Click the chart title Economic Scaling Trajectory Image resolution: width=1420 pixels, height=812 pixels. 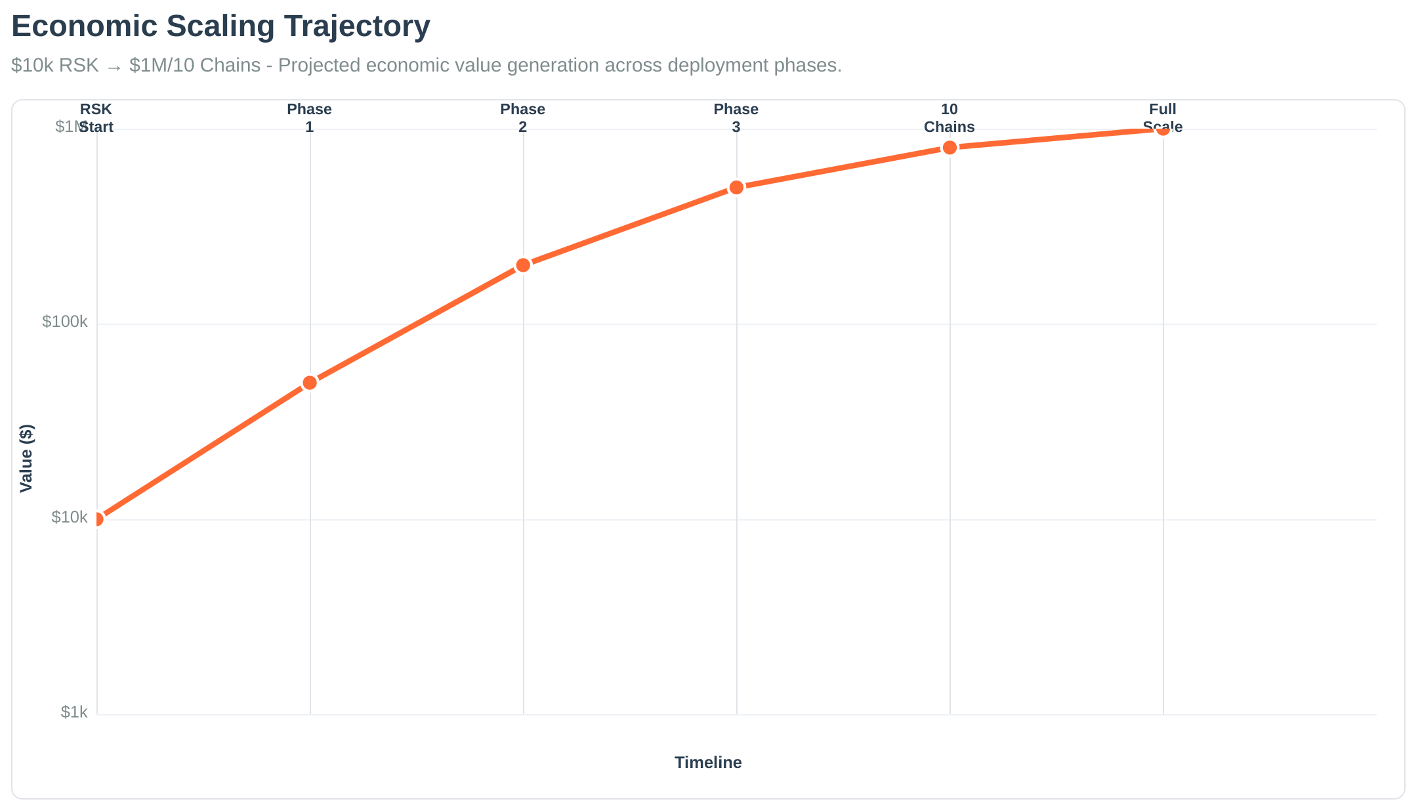(x=220, y=27)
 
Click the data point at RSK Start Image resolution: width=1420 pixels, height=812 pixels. (x=97, y=519)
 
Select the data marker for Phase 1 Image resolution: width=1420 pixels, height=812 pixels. (x=310, y=383)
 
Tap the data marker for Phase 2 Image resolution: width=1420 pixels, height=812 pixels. (x=523, y=265)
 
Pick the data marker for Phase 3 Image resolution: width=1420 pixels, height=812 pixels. (x=736, y=188)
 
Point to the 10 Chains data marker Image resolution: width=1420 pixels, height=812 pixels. (x=950, y=148)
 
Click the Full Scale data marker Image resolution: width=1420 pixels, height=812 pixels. (x=1163, y=129)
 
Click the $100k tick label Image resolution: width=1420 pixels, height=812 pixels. (x=64, y=322)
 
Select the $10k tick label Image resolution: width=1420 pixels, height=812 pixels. (x=69, y=517)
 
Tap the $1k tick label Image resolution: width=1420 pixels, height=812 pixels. (x=73, y=712)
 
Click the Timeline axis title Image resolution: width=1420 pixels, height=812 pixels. (x=708, y=763)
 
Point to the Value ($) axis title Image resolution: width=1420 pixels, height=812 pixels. (x=26, y=458)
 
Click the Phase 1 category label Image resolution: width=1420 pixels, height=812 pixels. (x=309, y=118)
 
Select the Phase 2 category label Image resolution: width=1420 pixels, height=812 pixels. (x=522, y=118)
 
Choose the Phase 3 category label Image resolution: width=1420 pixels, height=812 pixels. (x=736, y=118)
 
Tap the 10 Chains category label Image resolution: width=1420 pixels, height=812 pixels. (x=949, y=118)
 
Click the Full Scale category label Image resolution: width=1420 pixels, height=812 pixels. (x=1162, y=118)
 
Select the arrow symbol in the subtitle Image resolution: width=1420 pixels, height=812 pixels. (x=114, y=66)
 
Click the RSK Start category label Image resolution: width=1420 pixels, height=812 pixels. (x=96, y=118)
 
